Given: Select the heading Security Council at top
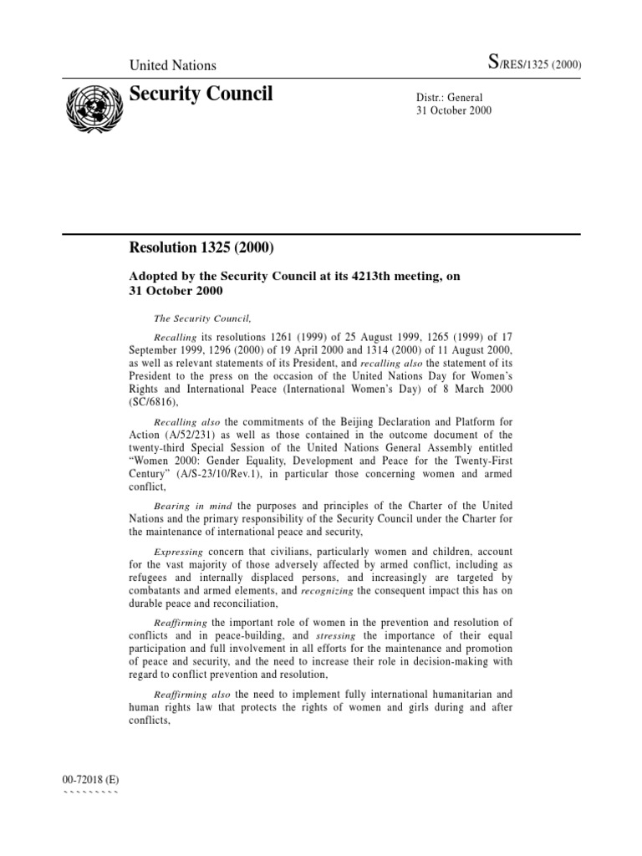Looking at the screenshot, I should [x=201, y=94].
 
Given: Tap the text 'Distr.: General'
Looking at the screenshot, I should [x=449, y=97].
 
